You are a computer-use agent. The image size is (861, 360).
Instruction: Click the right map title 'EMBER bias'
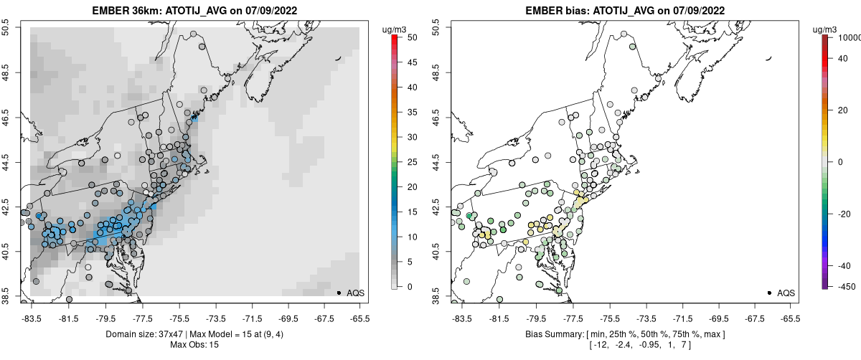[x=560, y=11]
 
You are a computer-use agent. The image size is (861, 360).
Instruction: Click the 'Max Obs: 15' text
[x=194, y=345]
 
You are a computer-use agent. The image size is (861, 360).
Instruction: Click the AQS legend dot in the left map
[x=339, y=293]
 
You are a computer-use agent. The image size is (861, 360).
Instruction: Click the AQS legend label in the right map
[x=786, y=293]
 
